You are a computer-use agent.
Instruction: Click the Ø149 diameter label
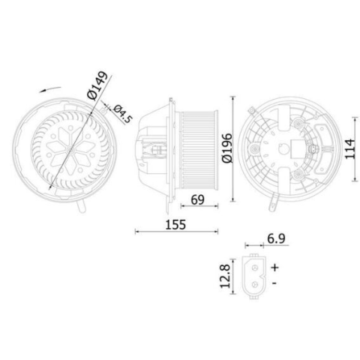[97, 85]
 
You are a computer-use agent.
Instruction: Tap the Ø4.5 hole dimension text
[122, 114]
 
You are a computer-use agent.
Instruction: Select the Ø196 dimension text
[227, 148]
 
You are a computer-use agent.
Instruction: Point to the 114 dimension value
[349, 148]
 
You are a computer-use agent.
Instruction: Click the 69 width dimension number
[197, 199]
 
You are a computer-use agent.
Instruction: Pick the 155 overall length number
[175, 225]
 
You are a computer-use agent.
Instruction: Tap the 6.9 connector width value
[276, 238]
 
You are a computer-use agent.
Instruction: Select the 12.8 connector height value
[225, 277]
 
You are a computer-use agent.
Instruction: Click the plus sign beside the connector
[274, 267]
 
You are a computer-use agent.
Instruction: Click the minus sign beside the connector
[274, 283]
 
